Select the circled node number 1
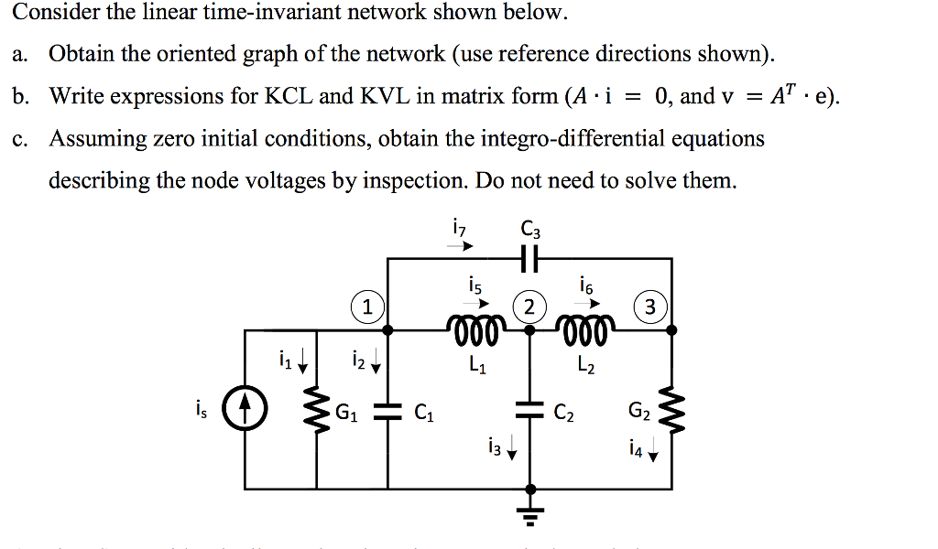coord(366,307)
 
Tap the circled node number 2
coord(529,307)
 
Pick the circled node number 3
coord(649,307)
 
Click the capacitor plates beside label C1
coord(388,411)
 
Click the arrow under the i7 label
coord(465,246)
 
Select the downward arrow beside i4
coord(652,451)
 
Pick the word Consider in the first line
coord(47,13)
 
